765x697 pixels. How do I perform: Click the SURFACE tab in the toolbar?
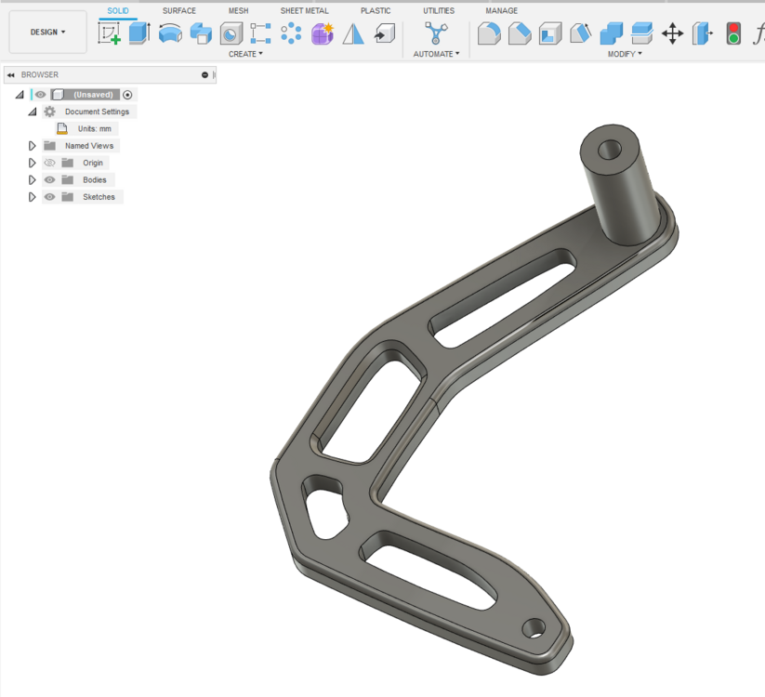[x=179, y=11]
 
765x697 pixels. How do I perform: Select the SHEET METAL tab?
[x=305, y=11]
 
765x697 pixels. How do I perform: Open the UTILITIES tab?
[x=439, y=11]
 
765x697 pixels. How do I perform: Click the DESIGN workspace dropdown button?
[x=48, y=33]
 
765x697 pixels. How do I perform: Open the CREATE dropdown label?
[x=245, y=54]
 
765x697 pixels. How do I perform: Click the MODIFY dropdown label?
[x=625, y=54]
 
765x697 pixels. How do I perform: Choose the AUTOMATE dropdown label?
[x=436, y=54]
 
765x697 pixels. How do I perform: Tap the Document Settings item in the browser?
[x=97, y=112]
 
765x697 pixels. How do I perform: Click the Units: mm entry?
[x=94, y=129]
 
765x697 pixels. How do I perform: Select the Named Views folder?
[x=89, y=146]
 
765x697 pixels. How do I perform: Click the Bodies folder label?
[x=94, y=180]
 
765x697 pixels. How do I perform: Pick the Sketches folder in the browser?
[x=99, y=197]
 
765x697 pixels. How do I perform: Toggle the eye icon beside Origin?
[x=50, y=163]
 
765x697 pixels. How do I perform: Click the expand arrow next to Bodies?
[x=33, y=180]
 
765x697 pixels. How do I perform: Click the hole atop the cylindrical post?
[x=611, y=149]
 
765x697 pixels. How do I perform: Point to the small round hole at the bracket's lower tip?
[x=534, y=628]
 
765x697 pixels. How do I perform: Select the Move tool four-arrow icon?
[x=672, y=34]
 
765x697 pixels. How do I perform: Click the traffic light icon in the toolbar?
[x=733, y=34]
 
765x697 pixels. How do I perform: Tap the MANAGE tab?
[x=501, y=11]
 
